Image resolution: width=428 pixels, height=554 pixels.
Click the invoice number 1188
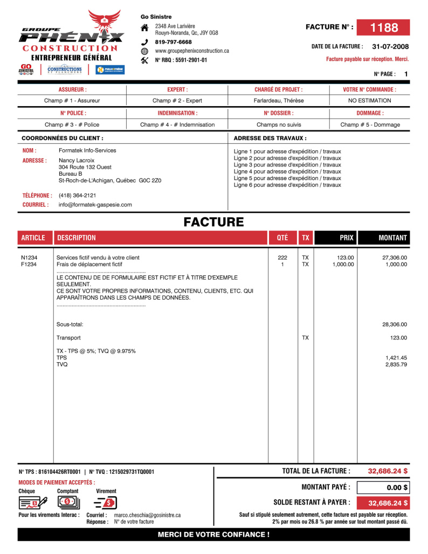pos(383,27)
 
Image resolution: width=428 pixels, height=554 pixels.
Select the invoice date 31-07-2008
pos(390,47)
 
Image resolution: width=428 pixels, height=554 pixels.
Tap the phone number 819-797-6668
pos(173,42)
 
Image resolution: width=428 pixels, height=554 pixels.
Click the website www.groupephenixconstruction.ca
pos(192,51)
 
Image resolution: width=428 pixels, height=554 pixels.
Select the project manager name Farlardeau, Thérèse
pos(279,101)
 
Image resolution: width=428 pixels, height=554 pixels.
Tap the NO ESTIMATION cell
pos(369,101)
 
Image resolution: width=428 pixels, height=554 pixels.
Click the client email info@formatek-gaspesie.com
pos(95,205)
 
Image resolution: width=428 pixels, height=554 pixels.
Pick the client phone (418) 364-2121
pos(77,195)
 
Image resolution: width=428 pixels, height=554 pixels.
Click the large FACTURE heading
pos(213,222)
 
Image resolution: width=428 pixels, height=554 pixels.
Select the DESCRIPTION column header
pos(76,238)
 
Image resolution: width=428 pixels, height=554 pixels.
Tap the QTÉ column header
pos(282,238)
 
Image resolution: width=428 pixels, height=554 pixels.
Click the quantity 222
pos(282,258)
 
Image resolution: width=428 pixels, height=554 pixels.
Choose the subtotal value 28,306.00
pos(394,324)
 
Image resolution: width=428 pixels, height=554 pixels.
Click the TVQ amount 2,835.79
pos(396,365)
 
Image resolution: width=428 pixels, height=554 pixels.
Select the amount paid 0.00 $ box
pos(383,488)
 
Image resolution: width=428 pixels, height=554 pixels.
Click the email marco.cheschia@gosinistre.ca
pos(147,515)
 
